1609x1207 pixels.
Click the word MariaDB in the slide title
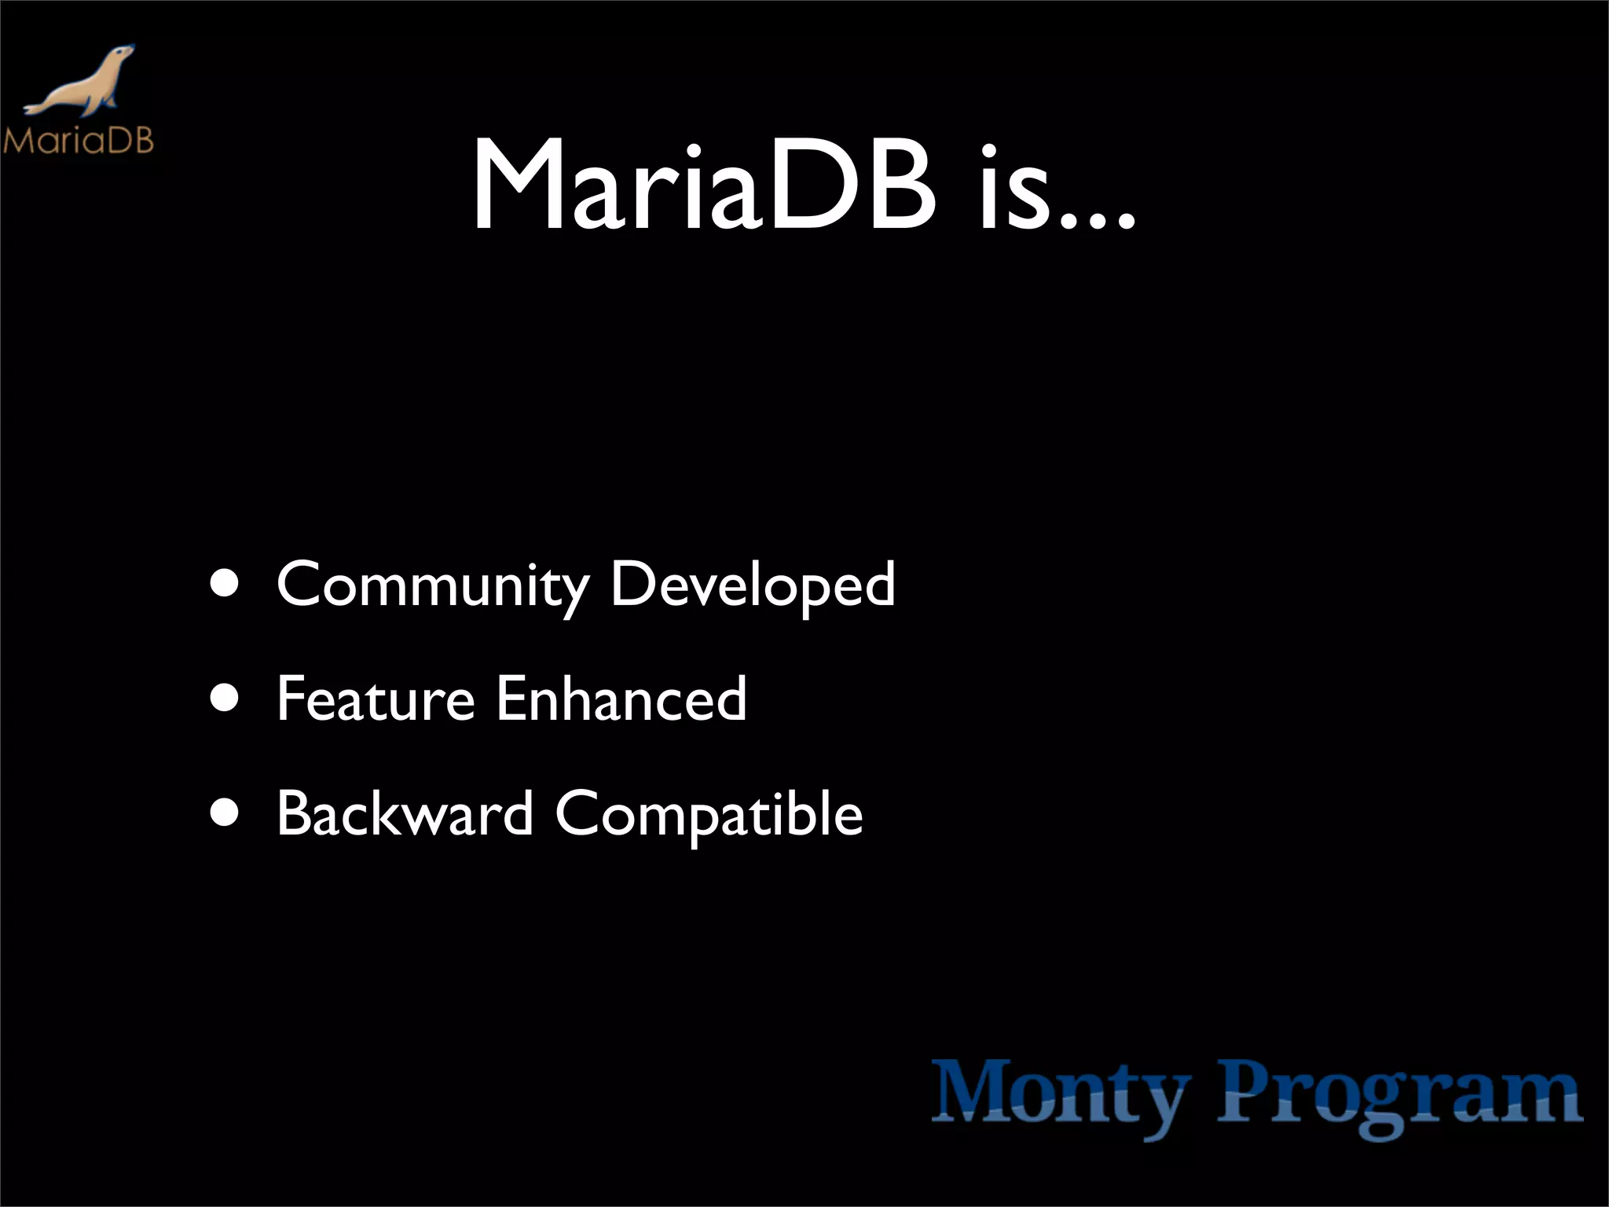pyautogui.click(x=704, y=187)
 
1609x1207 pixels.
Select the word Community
pyautogui.click(x=432, y=585)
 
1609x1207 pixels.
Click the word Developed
pyautogui.click(x=753, y=585)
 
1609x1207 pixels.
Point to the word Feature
pyautogui.click(x=376, y=699)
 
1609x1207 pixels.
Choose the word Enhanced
pyautogui.click(x=621, y=699)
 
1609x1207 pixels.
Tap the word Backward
pyautogui.click(x=405, y=814)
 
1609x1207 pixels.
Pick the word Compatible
pyautogui.click(x=709, y=816)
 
